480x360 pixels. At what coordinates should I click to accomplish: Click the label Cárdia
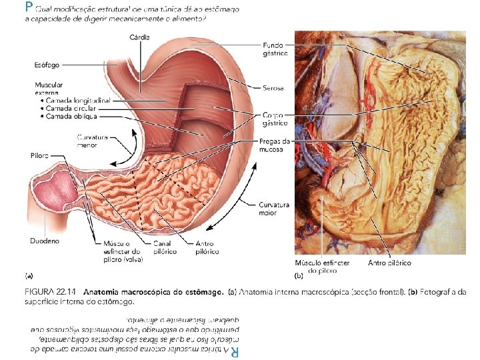coord(140,37)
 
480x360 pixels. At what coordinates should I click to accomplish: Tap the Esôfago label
coord(47,65)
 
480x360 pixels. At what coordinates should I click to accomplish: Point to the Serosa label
coord(273,88)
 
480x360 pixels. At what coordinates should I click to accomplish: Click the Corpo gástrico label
coord(275,119)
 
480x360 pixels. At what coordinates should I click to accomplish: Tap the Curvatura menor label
coord(92,141)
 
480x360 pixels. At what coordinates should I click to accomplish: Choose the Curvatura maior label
coord(273,209)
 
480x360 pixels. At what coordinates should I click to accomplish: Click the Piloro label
coord(39,155)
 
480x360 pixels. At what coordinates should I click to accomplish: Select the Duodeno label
coord(45,240)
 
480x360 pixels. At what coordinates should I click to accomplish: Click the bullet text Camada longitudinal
coord(78,100)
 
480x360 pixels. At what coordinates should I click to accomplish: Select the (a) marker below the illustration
coord(29,274)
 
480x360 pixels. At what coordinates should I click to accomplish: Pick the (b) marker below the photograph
coord(299,274)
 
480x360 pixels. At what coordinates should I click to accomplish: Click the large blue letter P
coord(27,7)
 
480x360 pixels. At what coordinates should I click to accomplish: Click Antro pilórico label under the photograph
coord(389,263)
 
